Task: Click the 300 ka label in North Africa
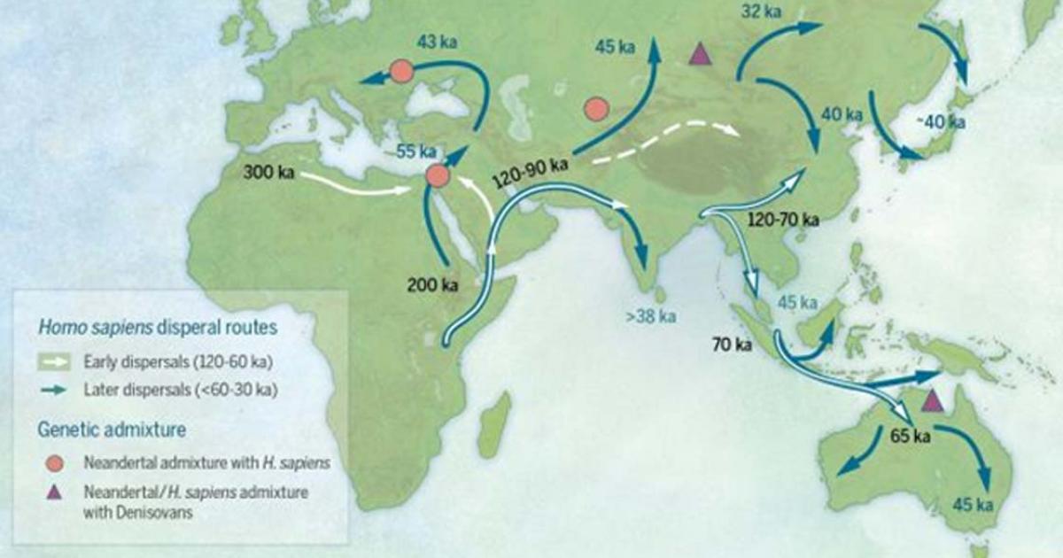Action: [269, 170]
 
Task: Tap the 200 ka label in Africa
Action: [432, 285]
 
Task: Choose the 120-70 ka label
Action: [782, 219]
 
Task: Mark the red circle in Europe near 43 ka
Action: [401, 71]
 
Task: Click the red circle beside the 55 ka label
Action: [438, 175]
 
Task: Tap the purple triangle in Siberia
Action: [702, 55]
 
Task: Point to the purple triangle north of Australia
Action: [931, 402]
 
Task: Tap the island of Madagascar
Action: [496, 425]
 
